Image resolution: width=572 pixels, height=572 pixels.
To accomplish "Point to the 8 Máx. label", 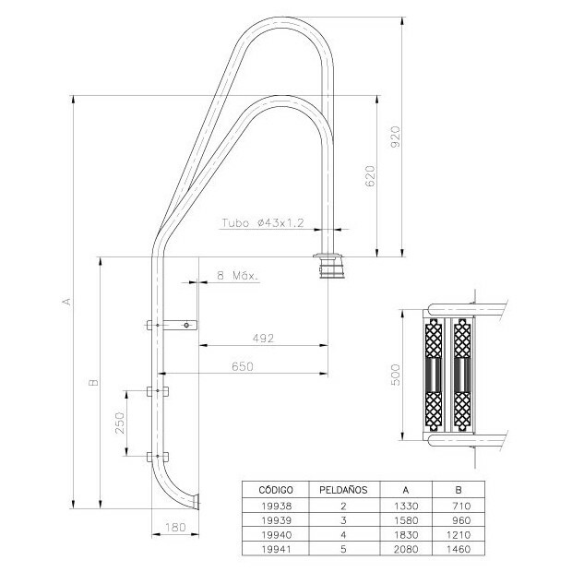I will tap(235, 275).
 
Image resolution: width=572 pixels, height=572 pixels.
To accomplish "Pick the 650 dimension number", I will tap(242, 365).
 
